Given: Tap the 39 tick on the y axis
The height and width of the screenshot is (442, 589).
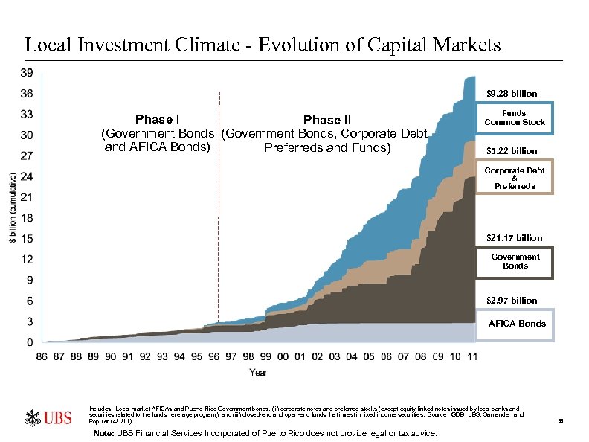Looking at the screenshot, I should click(x=25, y=73).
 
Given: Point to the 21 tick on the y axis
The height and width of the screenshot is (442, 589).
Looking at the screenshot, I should click(x=25, y=197).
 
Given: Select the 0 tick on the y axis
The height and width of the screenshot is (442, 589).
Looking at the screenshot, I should click(x=28, y=342).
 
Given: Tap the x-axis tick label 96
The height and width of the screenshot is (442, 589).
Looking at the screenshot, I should click(x=214, y=357).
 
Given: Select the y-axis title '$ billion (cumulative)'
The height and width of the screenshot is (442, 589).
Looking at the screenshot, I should click(x=11, y=208).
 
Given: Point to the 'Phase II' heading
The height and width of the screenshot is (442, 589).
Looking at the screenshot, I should click(x=326, y=121).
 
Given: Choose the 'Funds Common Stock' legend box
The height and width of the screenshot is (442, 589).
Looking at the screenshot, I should click(x=515, y=118).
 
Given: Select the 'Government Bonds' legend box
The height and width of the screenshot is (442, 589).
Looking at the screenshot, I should click(x=515, y=261).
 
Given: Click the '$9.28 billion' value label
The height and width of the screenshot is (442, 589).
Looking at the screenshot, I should click(x=511, y=94).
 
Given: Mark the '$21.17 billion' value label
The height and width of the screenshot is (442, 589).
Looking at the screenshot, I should click(x=513, y=238).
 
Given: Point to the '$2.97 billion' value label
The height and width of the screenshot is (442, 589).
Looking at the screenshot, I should click(x=511, y=301).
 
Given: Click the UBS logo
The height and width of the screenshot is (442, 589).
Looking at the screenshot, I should click(x=49, y=417).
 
